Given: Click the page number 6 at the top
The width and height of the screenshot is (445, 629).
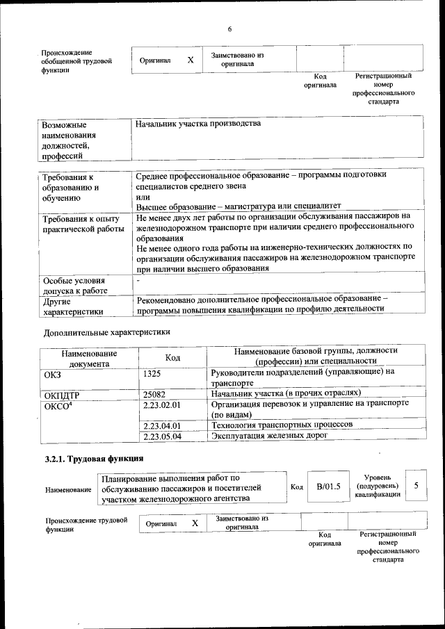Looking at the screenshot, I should (x=229, y=28).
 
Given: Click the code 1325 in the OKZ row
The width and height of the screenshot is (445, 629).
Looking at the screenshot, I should (x=152, y=373).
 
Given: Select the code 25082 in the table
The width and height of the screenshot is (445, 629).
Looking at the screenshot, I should (x=154, y=394).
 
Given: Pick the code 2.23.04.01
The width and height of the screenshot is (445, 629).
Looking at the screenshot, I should (x=161, y=425).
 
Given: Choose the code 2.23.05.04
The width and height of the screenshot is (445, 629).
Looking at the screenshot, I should (x=161, y=436).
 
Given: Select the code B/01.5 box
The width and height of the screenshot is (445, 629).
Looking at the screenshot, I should (x=328, y=487).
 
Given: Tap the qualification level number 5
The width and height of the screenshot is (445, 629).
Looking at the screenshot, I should (x=416, y=485).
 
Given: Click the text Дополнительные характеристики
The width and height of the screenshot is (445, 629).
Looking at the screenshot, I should (x=106, y=332).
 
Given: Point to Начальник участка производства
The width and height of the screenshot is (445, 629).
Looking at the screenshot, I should (x=198, y=124).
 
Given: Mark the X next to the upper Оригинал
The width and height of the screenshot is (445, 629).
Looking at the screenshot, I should (x=191, y=60).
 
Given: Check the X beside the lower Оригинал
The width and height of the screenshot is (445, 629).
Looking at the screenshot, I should (x=195, y=522).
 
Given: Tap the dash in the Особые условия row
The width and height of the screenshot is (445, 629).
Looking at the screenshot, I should (x=139, y=279).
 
